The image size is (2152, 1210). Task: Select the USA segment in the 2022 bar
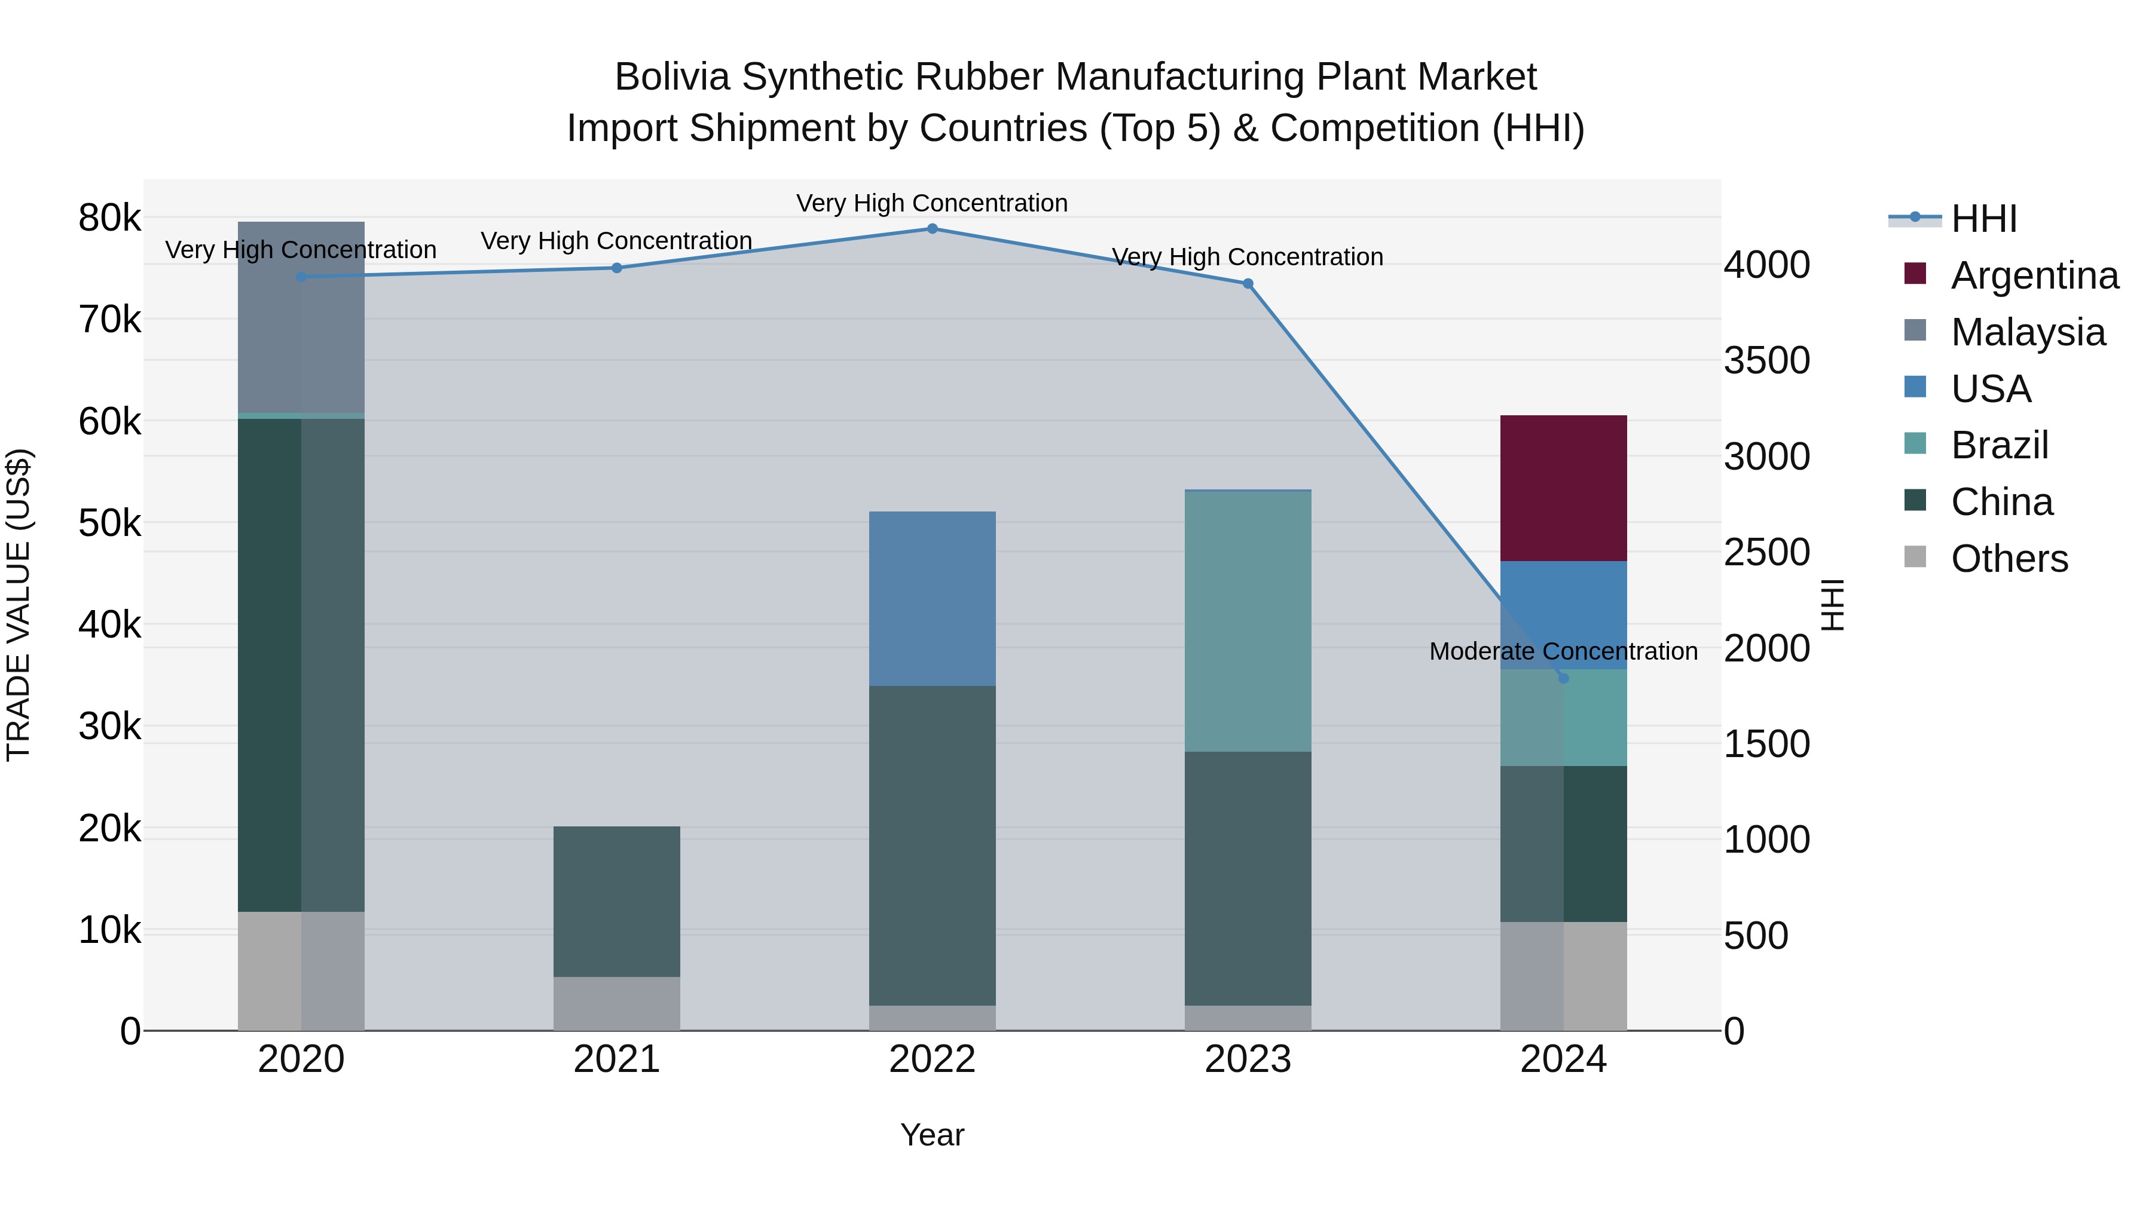(x=933, y=598)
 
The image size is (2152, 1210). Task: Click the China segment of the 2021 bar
(x=616, y=901)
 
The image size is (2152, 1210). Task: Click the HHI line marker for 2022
(x=933, y=229)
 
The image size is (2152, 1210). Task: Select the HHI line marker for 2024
(x=1563, y=678)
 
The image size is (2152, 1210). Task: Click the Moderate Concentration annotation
(x=1563, y=651)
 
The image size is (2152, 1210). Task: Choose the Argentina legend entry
(x=2034, y=275)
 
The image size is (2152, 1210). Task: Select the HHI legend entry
(x=1983, y=219)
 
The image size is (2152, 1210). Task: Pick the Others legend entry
(x=2009, y=559)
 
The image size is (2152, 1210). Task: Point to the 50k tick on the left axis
(x=109, y=523)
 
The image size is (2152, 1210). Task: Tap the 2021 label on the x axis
(x=616, y=1059)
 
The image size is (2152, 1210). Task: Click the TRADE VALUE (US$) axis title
(x=19, y=605)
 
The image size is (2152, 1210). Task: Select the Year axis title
(x=933, y=1135)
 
